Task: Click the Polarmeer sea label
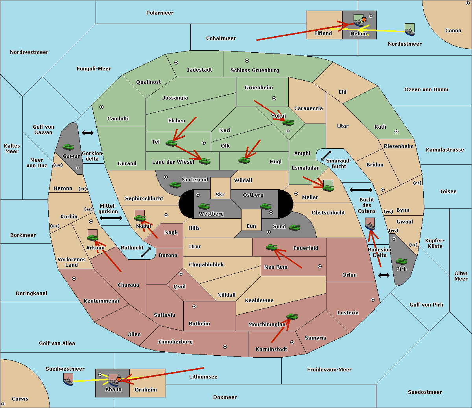click(x=160, y=13)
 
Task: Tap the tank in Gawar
click(x=68, y=147)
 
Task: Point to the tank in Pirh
click(x=402, y=261)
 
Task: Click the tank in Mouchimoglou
click(x=292, y=316)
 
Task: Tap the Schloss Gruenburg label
click(x=255, y=70)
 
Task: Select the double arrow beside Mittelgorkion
click(x=111, y=218)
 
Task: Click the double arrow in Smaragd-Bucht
click(x=326, y=155)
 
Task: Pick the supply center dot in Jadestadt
click(x=176, y=63)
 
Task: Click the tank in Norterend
click(x=175, y=185)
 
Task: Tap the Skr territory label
click(x=220, y=194)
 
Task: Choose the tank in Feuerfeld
click(x=272, y=247)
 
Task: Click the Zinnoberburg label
click(x=175, y=342)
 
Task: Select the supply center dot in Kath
click(x=396, y=131)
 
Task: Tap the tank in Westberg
click(x=204, y=206)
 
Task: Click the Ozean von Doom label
click(x=426, y=90)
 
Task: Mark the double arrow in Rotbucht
click(x=146, y=252)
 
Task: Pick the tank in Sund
click(x=295, y=227)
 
